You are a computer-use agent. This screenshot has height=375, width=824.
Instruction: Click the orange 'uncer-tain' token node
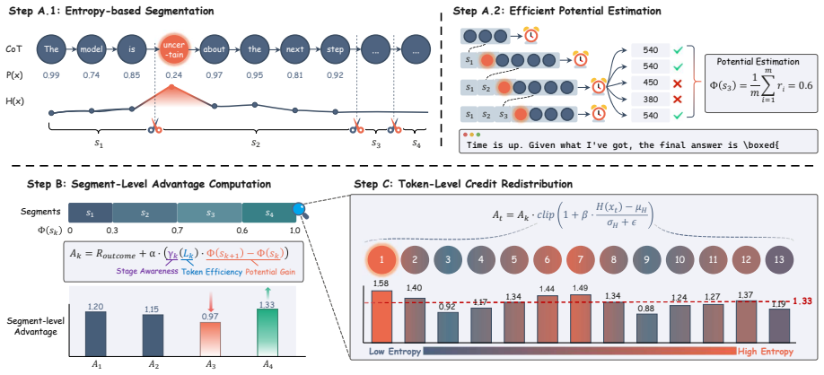click(x=171, y=50)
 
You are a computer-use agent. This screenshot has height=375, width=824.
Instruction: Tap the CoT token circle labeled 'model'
click(x=92, y=50)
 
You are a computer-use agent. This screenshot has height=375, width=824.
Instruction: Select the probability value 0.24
click(x=171, y=74)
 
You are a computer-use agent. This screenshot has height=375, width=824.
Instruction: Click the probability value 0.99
click(x=51, y=74)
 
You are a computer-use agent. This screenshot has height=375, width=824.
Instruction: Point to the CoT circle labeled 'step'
click(x=335, y=50)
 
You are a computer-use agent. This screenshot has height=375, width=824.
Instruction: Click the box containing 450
click(x=649, y=83)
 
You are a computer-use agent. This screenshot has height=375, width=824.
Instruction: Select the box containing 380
click(x=649, y=99)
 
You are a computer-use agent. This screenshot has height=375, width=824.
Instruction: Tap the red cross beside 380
click(x=678, y=99)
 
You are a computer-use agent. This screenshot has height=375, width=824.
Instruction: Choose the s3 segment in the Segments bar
click(x=210, y=213)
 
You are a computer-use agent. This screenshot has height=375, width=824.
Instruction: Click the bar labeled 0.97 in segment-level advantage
click(x=211, y=338)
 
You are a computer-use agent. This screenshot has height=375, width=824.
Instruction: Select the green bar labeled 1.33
click(x=267, y=331)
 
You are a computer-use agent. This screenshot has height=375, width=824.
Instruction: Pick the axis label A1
click(x=95, y=362)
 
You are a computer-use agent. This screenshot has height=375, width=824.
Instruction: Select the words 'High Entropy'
click(x=765, y=351)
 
